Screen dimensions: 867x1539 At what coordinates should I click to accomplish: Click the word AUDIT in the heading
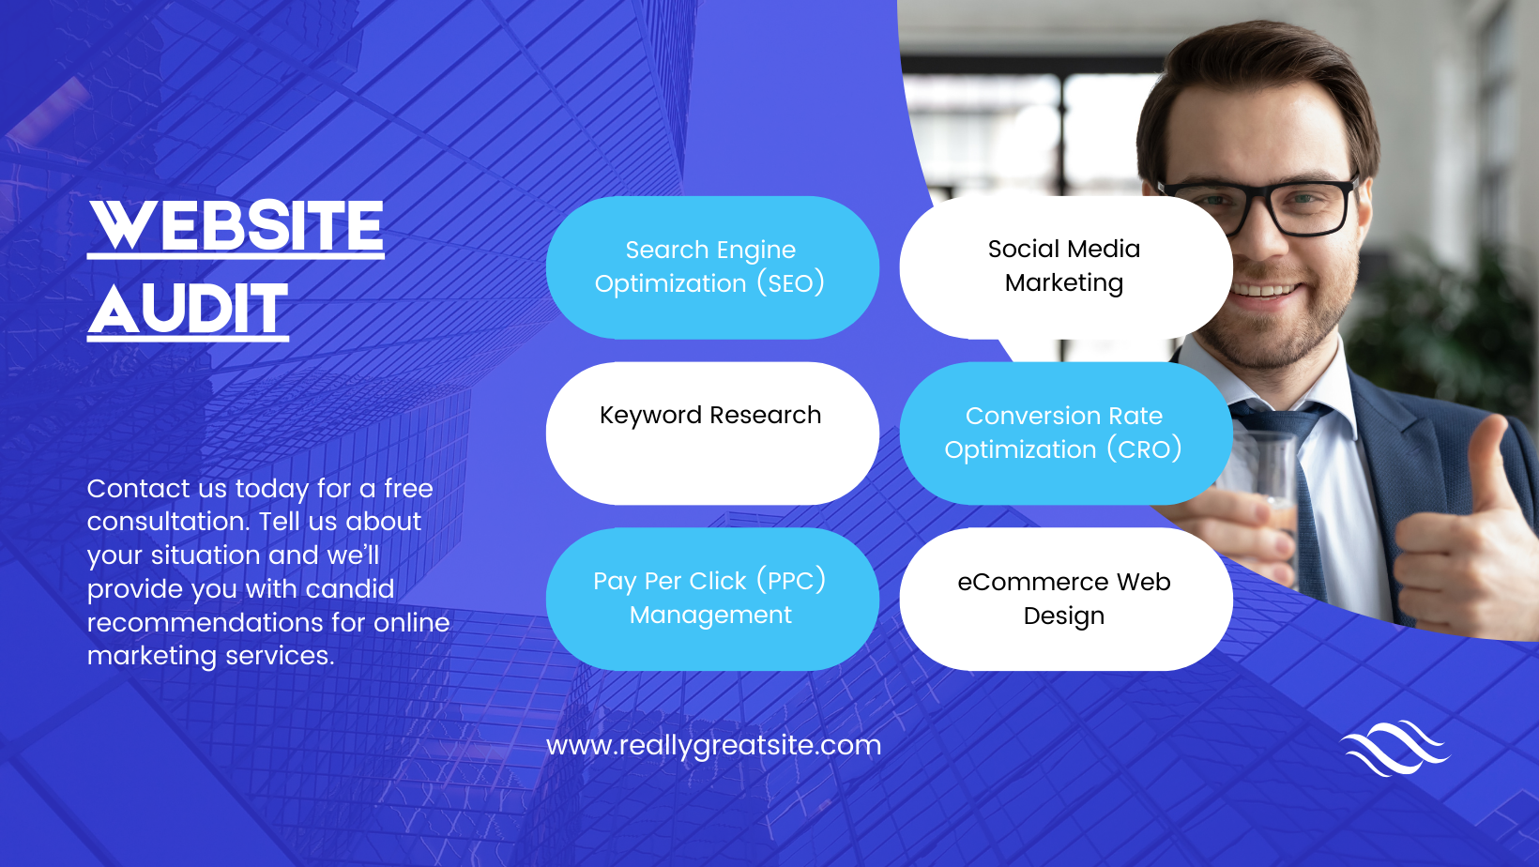point(188,309)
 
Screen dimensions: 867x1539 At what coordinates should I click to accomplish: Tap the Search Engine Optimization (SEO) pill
point(711,267)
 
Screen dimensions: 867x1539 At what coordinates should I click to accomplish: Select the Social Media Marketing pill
point(1064,266)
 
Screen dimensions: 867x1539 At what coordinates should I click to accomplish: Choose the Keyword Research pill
point(711,433)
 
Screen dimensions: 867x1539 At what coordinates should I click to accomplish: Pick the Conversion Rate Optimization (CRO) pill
point(1064,433)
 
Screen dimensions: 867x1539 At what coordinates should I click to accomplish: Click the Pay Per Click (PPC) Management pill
point(711,598)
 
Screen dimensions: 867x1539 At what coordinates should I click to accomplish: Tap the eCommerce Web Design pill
point(1064,598)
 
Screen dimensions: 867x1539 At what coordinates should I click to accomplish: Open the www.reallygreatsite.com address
point(713,745)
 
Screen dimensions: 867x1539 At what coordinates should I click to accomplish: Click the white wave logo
point(1394,748)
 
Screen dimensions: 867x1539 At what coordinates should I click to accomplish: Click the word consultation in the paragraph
point(167,522)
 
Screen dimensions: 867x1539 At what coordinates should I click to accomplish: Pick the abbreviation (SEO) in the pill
point(790,283)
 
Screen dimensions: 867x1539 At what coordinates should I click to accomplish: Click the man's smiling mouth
point(1267,290)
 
